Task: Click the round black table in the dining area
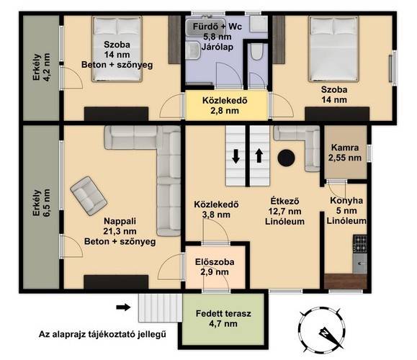[x=286, y=158]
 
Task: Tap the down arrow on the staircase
[x=236, y=156]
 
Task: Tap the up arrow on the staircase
[x=259, y=156]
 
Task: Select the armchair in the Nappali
[x=89, y=196]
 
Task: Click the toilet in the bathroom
[x=257, y=52]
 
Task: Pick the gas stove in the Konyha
[x=360, y=244]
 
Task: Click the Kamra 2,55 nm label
[x=345, y=153]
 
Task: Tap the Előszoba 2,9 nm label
[x=215, y=267]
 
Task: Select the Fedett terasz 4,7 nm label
[x=223, y=318]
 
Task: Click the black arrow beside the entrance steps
[x=123, y=307]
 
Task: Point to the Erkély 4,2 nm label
[x=41, y=67]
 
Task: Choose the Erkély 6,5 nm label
[x=41, y=202]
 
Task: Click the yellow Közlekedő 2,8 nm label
[x=225, y=106]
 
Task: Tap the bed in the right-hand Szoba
[x=333, y=49]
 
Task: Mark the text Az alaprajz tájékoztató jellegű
[x=102, y=334]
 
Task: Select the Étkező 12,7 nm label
[x=284, y=211]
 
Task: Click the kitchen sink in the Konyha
[x=360, y=264]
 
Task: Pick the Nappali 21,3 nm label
[x=120, y=231]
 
